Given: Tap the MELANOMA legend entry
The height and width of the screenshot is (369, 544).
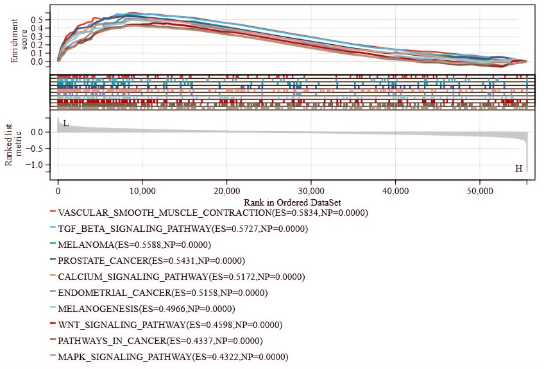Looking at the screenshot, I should tap(134, 245).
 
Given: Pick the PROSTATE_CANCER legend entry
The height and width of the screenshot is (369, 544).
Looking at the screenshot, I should tap(158, 261).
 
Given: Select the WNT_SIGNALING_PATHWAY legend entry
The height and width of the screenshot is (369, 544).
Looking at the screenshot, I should tap(170, 325).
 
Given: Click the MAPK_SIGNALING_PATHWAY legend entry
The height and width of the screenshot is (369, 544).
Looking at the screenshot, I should tap(173, 357).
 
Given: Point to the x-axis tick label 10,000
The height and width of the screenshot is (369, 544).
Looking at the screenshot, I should tap(142, 192).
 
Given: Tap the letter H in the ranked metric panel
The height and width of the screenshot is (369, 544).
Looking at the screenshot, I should tap(519, 169).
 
